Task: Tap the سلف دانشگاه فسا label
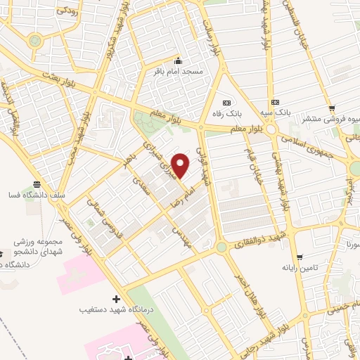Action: (x=29, y=193)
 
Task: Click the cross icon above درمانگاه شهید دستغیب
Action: (x=117, y=299)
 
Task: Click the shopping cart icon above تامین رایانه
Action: (x=301, y=257)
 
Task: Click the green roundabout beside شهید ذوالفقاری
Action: (x=221, y=247)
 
